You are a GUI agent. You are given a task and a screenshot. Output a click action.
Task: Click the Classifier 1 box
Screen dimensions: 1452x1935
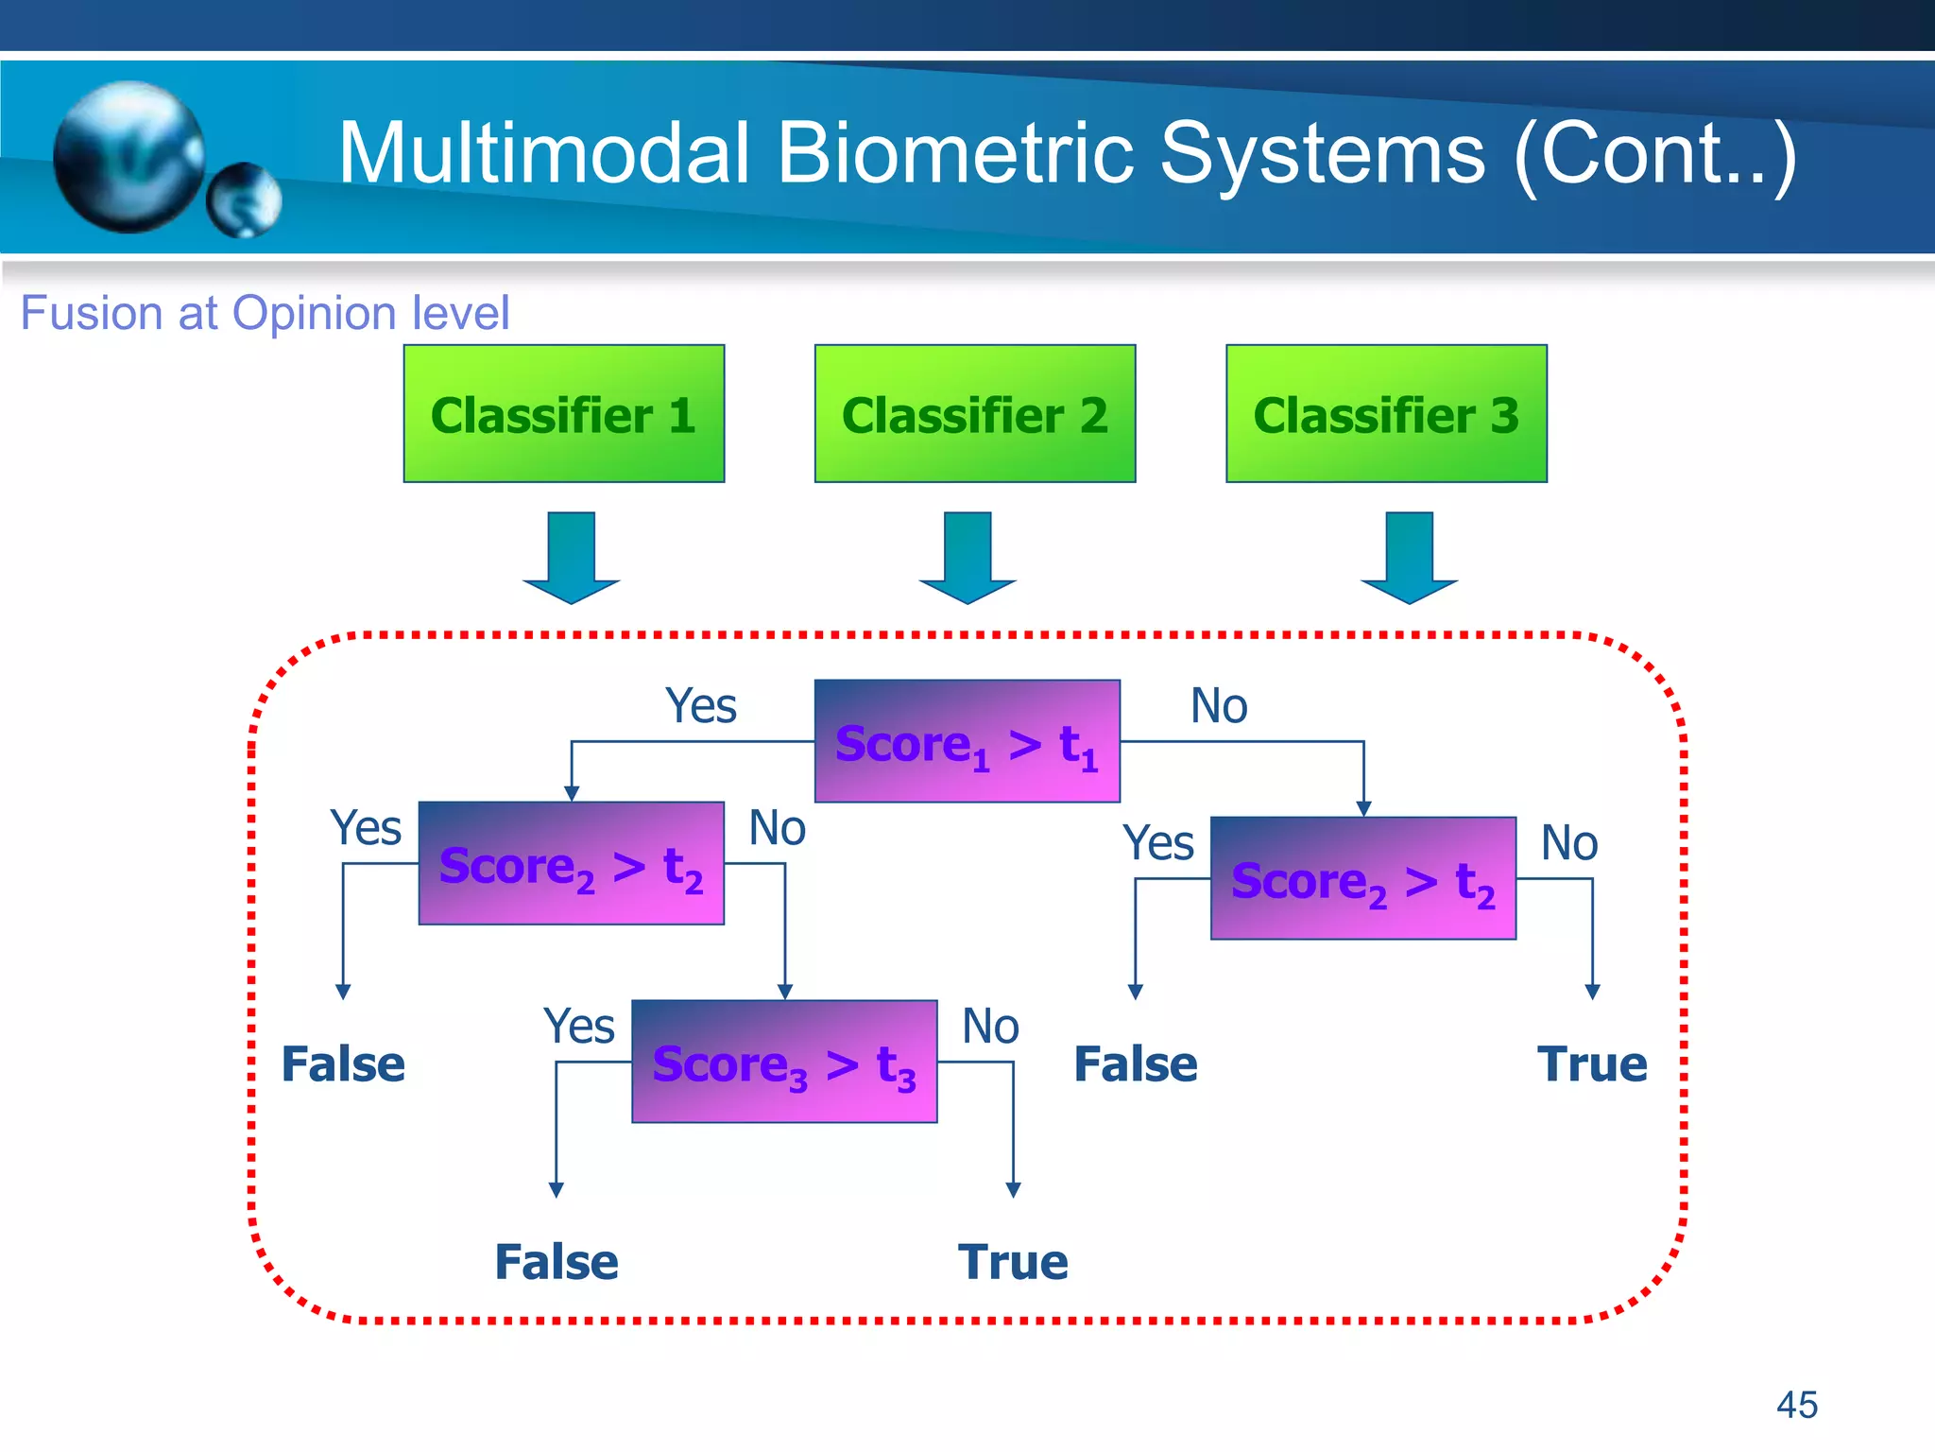tap(563, 414)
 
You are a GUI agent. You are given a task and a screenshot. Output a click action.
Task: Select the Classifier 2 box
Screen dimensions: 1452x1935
tap(974, 414)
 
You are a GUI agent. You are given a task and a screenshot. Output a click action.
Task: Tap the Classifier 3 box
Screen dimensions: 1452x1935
tap(1386, 414)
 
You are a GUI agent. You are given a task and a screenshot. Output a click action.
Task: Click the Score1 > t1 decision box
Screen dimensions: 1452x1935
tap(967, 741)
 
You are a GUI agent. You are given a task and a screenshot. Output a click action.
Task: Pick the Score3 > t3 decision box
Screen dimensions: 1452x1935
tap(784, 1062)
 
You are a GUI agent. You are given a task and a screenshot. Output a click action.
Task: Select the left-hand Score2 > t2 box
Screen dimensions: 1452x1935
tap(571, 863)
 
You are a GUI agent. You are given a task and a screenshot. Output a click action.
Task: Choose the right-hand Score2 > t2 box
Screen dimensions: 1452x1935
tap(1362, 878)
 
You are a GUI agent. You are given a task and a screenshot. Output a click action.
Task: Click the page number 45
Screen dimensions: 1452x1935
tap(1796, 1405)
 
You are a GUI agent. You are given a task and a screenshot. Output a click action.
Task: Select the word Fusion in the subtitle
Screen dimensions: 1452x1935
tap(92, 313)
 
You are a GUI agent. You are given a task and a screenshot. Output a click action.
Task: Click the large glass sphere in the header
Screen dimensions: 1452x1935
tap(128, 157)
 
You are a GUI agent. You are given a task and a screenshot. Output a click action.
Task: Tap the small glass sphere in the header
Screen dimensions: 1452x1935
tap(244, 199)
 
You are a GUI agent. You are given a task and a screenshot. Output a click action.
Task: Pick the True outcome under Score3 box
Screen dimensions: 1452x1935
tap(1013, 1262)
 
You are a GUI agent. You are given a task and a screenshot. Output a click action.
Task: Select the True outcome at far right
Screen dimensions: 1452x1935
tap(1592, 1064)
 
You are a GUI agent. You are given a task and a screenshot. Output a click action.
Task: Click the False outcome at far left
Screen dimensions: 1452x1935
tap(343, 1064)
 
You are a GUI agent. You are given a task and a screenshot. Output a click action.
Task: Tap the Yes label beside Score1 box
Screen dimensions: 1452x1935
tap(700, 706)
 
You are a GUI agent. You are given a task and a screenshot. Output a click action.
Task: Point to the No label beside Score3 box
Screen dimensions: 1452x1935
tap(989, 1027)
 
